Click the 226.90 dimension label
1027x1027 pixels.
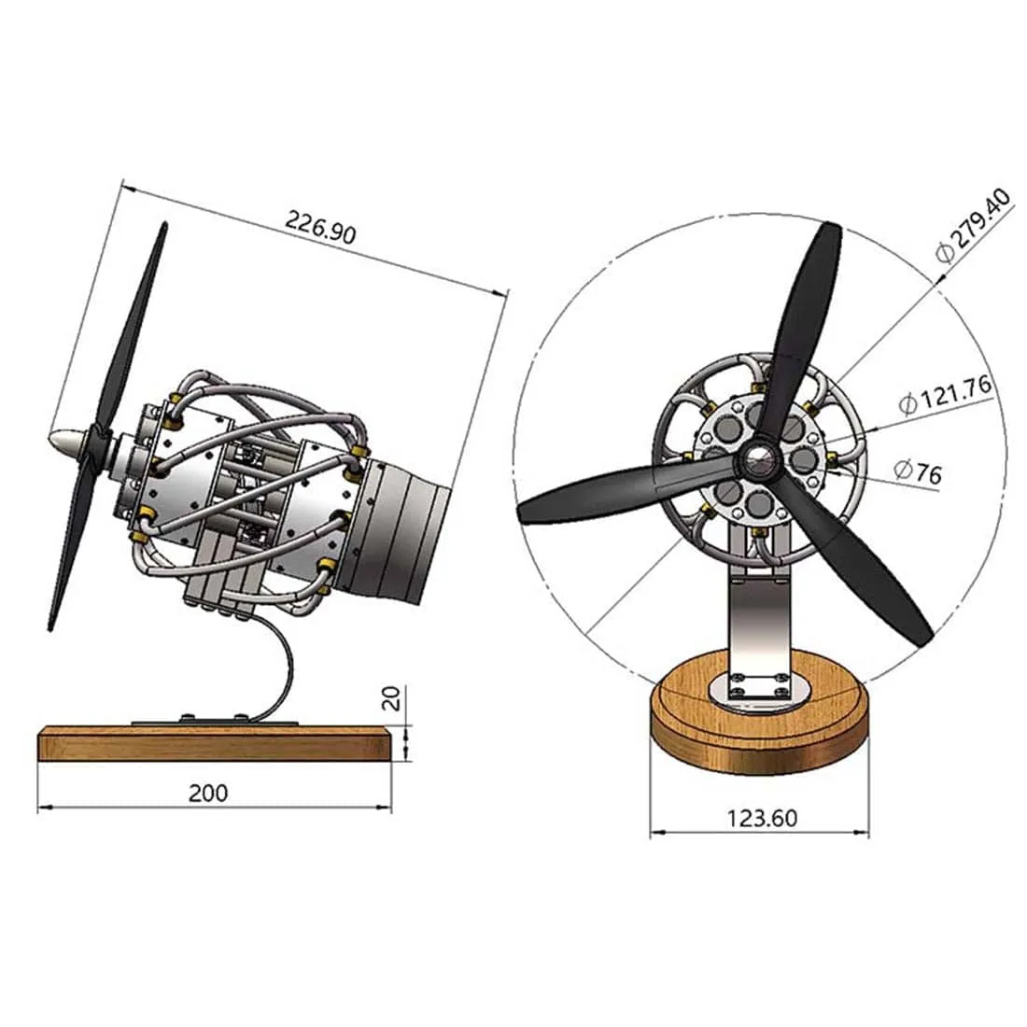(320, 228)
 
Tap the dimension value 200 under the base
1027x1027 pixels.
(207, 793)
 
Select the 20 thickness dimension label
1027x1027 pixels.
(393, 697)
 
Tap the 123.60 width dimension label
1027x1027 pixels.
(762, 818)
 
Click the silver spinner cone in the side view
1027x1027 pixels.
(69, 438)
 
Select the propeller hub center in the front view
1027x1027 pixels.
(757, 457)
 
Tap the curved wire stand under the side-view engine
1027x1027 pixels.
(280, 668)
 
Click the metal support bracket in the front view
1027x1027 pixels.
(758, 616)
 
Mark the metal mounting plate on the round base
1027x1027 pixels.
(758, 692)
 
